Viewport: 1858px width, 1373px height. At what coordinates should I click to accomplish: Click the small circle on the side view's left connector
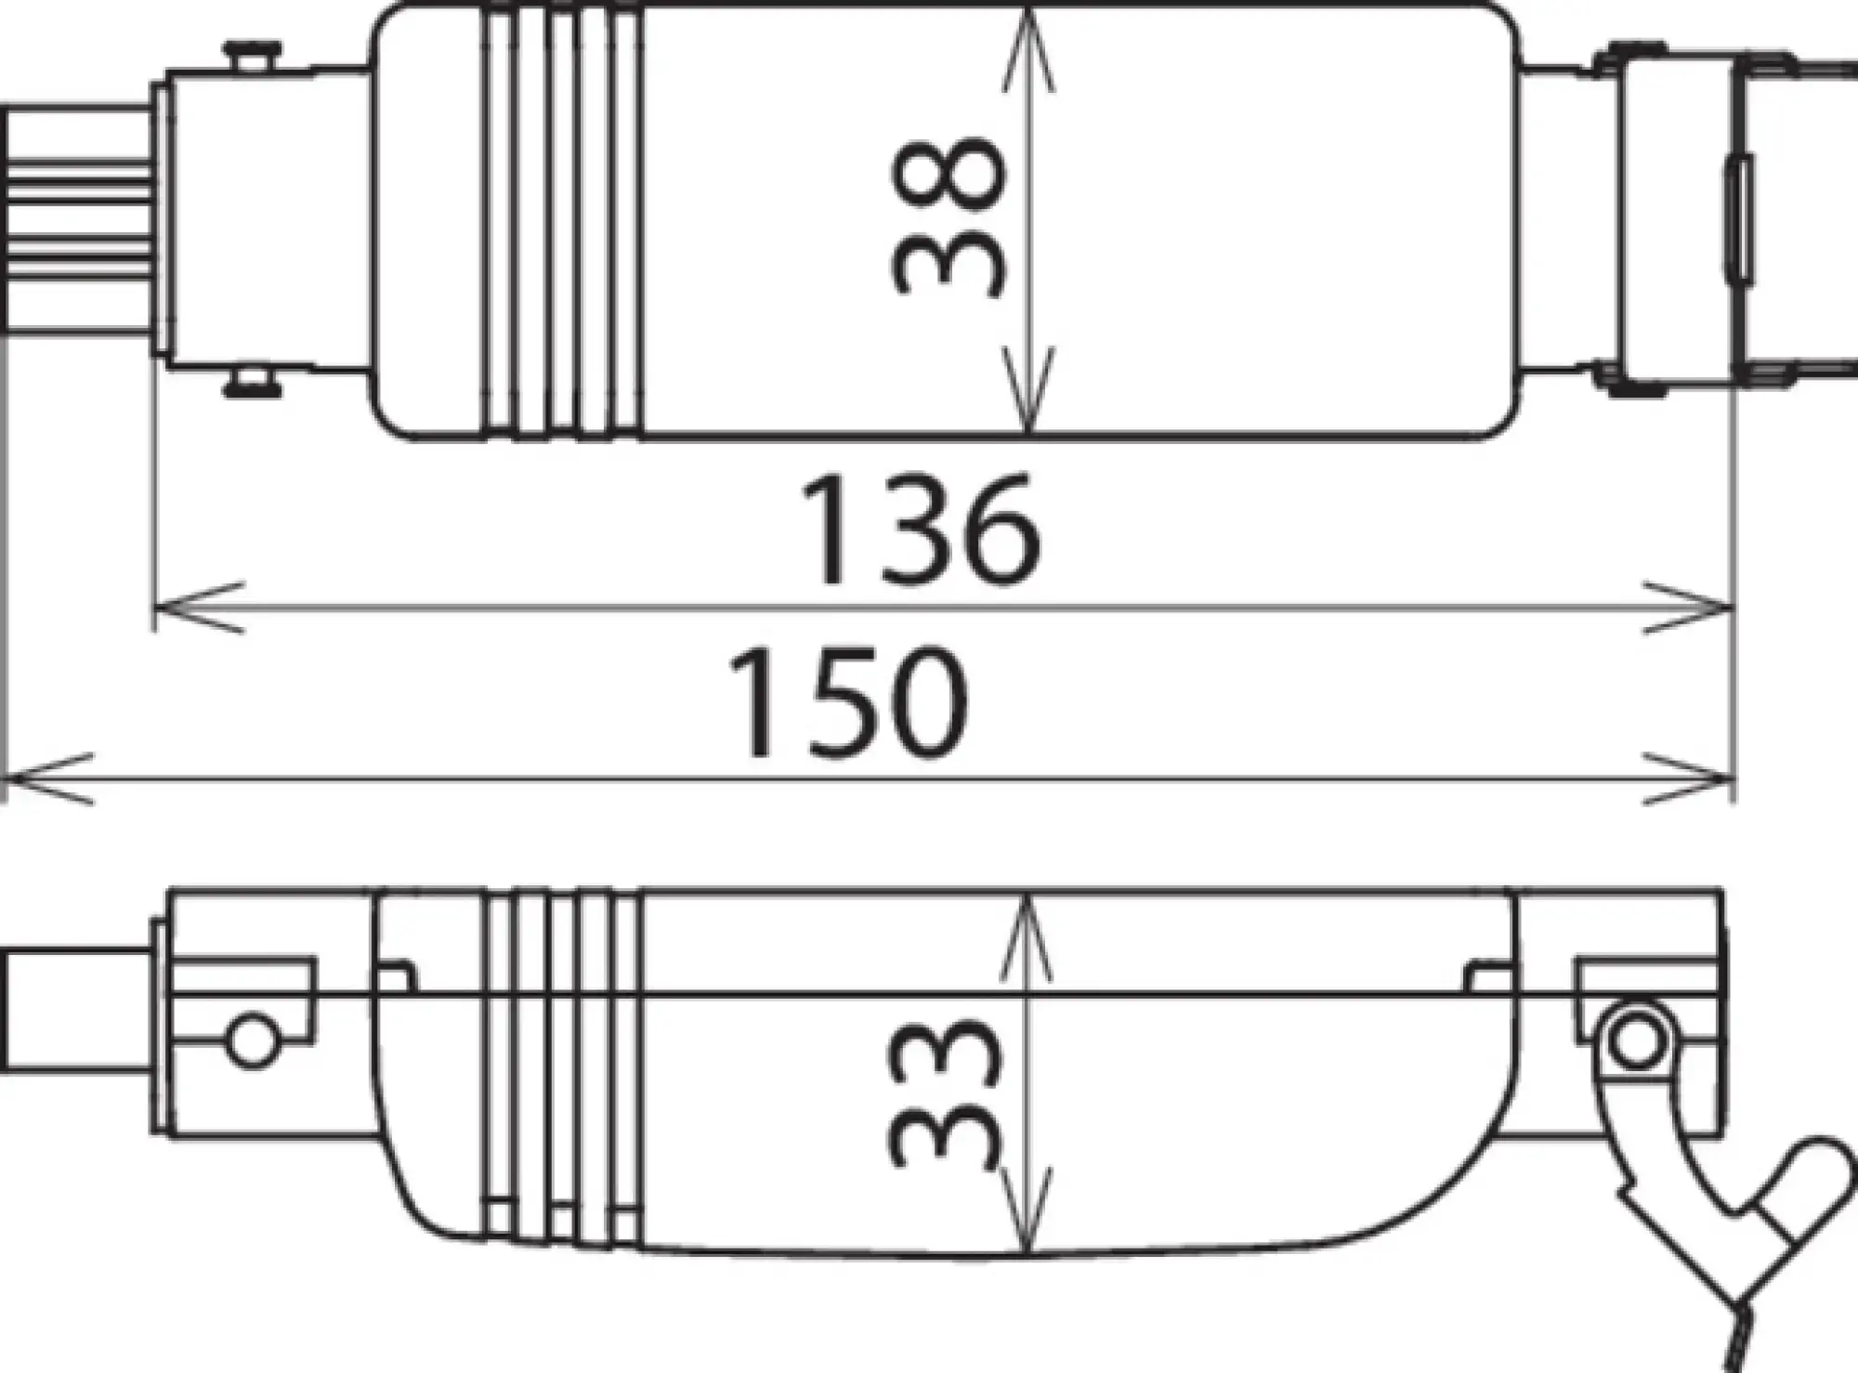(x=250, y=1041)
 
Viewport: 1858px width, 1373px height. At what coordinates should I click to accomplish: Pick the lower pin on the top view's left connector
(x=251, y=383)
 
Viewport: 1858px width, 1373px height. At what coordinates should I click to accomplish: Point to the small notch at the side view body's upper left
(x=397, y=977)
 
